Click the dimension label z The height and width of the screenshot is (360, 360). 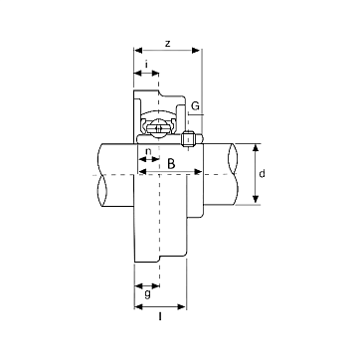pos(168,44)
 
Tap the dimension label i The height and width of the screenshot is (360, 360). pos(146,64)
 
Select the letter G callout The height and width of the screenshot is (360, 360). pos(196,106)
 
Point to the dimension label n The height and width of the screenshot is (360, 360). pos(149,151)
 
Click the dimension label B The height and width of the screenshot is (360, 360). pos(171,164)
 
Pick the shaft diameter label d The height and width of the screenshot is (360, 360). pos(262,173)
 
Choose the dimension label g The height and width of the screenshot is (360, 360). pos(147,293)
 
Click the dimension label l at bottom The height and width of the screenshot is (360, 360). pos(160,317)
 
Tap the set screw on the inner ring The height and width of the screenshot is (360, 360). pos(188,138)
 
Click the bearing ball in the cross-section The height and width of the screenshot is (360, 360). pos(156,127)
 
